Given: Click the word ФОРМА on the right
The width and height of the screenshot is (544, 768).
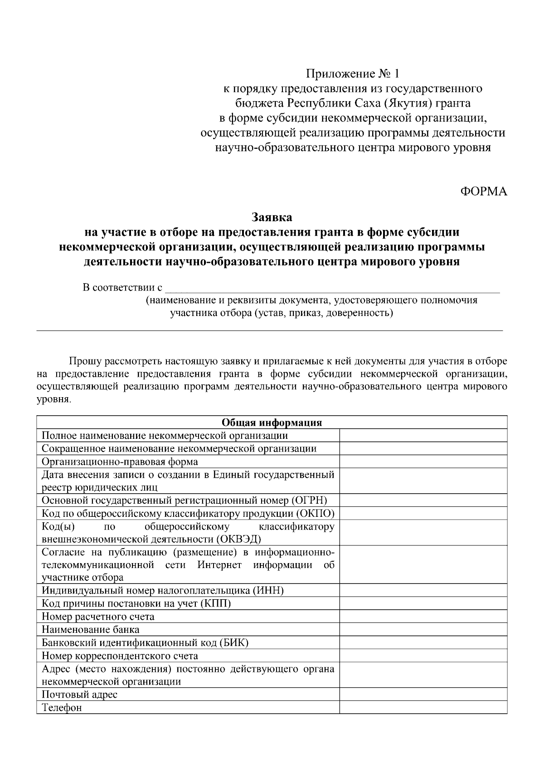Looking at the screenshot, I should (x=483, y=192).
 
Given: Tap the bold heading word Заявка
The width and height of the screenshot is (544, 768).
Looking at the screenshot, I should (x=272, y=218).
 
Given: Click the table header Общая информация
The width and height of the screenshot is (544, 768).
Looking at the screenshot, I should (x=272, y=423).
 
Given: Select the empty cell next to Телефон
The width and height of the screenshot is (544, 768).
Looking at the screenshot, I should (x=423, y=708).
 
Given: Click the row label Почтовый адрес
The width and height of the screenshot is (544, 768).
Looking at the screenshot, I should (x=79, y=695).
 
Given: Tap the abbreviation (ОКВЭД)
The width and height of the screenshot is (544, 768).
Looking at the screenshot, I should (x=238, y=539).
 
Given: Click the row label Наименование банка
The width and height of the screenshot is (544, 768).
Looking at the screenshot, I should (x=90, y=630).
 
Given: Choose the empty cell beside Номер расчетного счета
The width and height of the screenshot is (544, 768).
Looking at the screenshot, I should (x=423, y=617).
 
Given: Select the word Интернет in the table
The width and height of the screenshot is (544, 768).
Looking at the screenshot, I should (x=219, y=565).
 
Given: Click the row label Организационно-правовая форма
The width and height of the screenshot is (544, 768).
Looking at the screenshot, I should (x=120, y=462).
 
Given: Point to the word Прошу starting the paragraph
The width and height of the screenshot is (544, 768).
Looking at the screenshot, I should (x=85, y=361).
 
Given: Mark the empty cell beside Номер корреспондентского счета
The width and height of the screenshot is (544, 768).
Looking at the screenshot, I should (x=423, y=656).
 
